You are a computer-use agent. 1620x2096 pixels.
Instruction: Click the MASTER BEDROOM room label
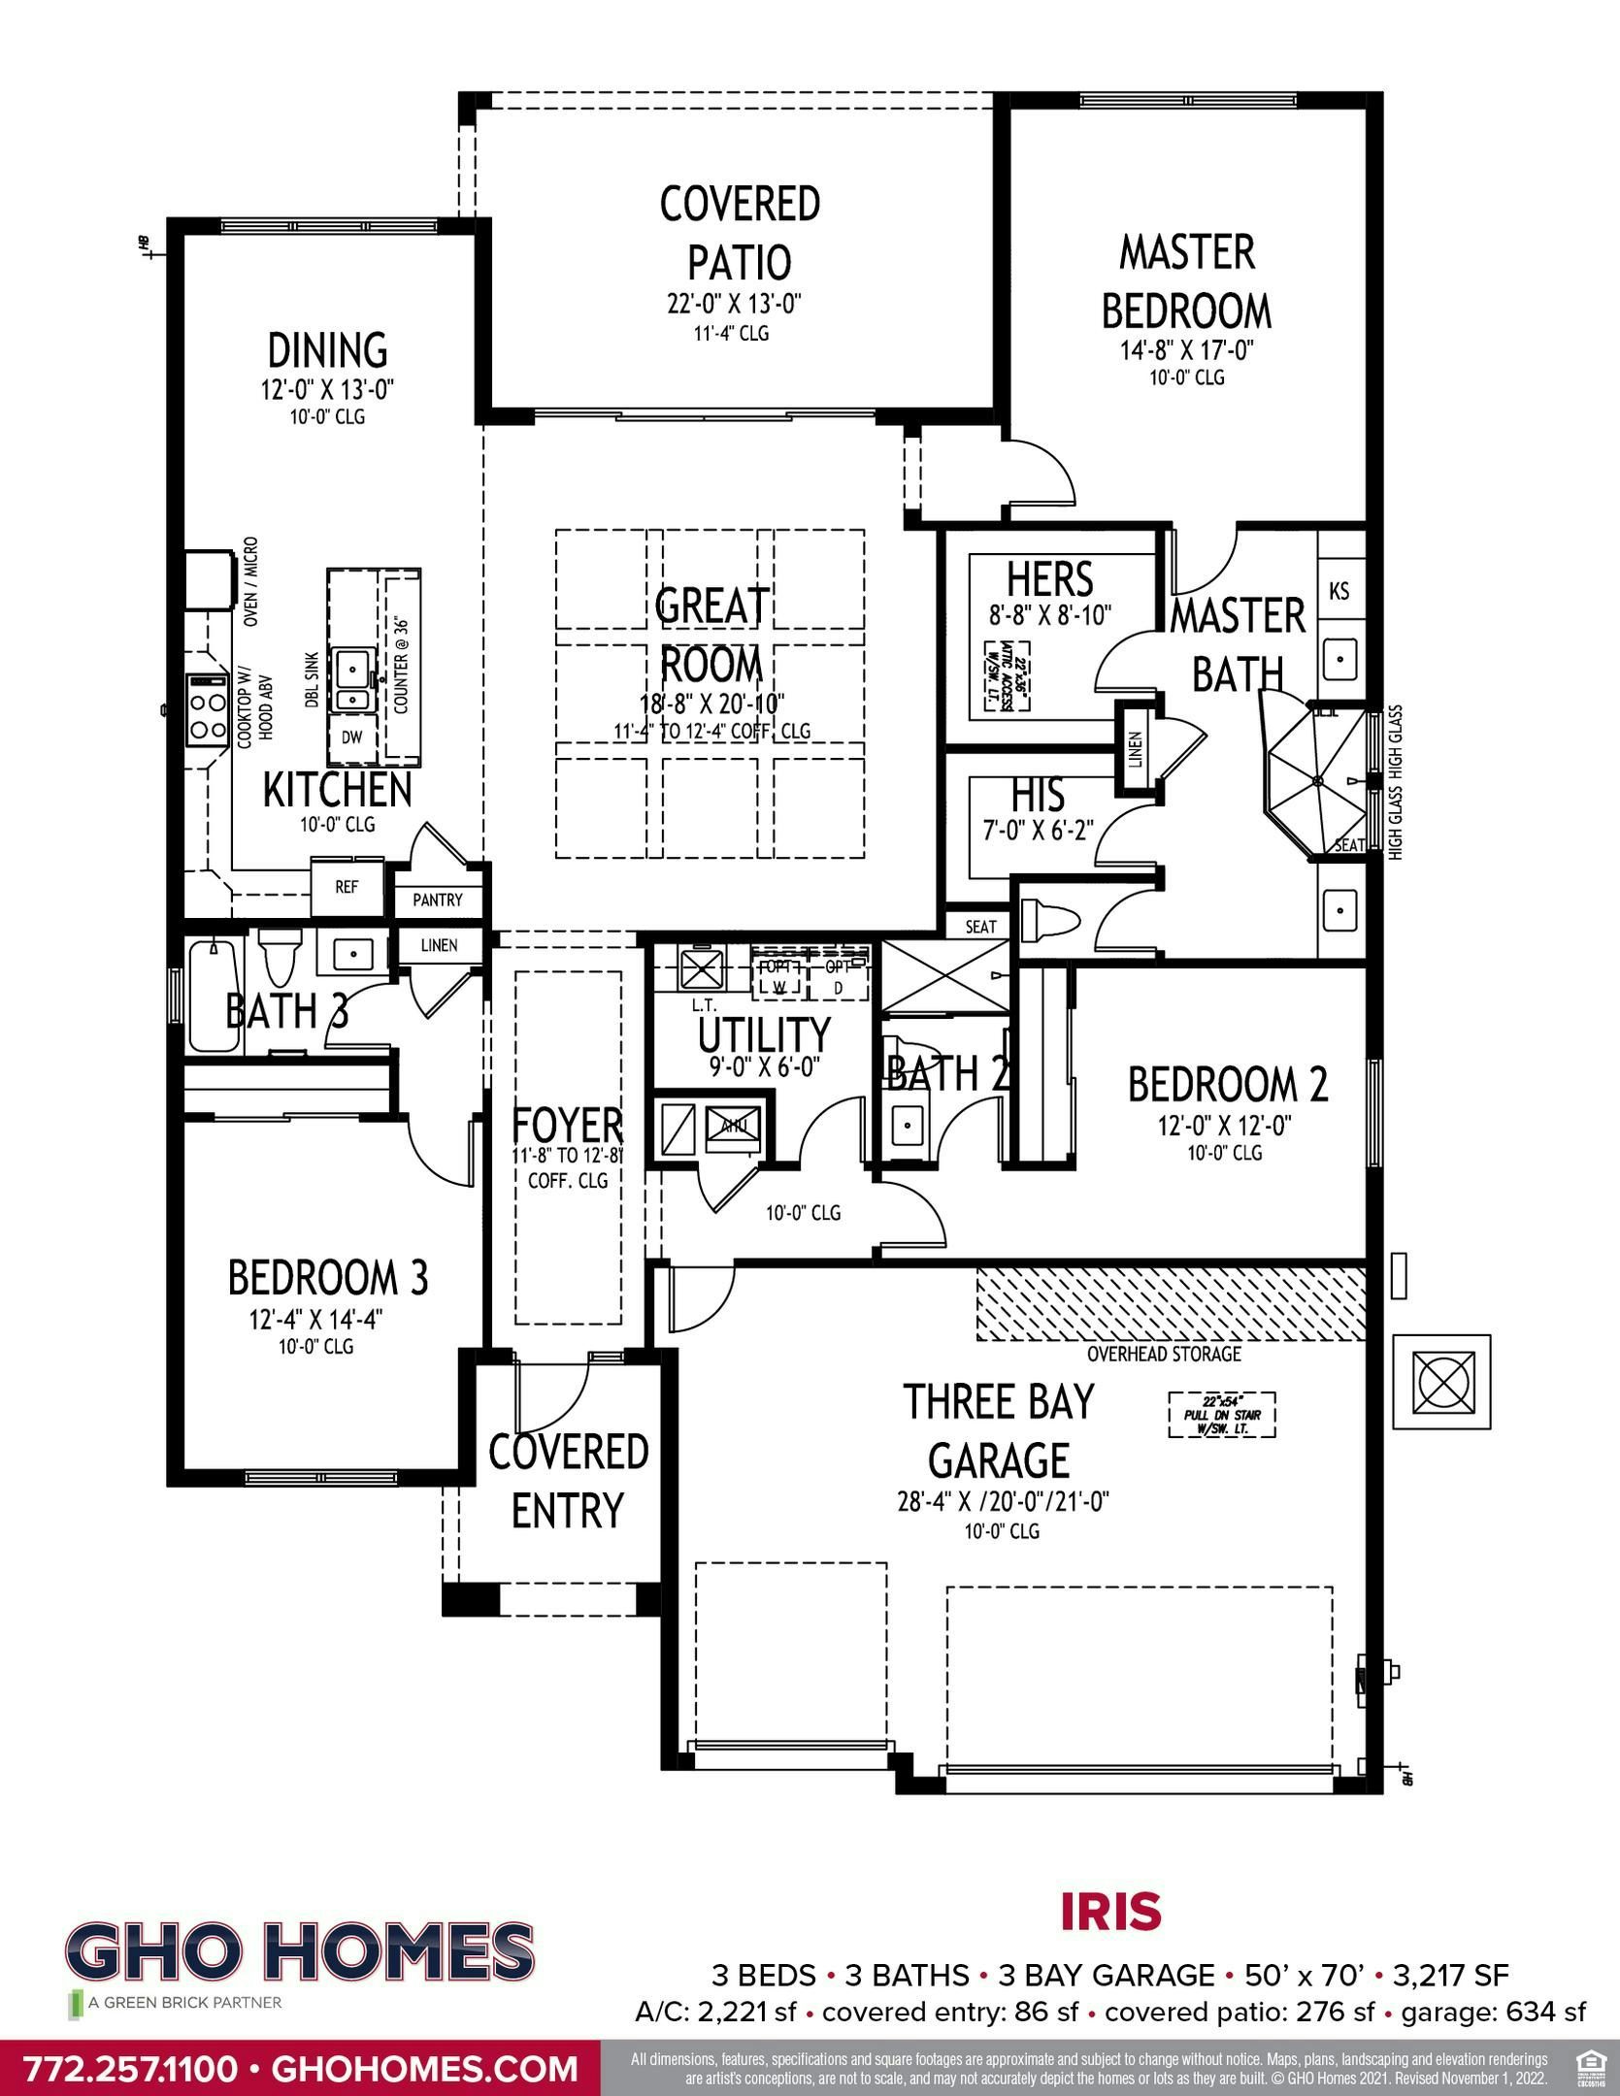point(1186,281)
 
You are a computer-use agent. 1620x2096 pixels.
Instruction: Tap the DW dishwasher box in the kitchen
point(351,737)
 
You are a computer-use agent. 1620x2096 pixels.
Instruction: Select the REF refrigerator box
point(347,887)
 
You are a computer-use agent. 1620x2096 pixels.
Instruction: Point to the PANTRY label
point(438,901)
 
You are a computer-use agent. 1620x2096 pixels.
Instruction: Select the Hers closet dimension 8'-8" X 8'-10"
point(1050,614)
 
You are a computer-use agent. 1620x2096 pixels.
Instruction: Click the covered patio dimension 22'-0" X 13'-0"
point(740,305)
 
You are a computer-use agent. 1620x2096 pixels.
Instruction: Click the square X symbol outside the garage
point(1440,1381)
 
